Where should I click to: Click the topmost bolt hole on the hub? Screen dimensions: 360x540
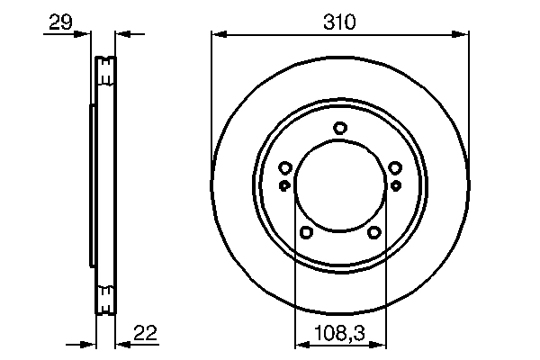[x=340, y=128]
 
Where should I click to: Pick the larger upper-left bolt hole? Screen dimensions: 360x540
[x=285, y=167]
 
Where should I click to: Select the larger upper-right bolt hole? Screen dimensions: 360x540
[x=395, y=167]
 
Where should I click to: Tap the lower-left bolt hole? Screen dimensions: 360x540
[x=306, y=232]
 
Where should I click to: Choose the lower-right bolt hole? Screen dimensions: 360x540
[x=374, y=232]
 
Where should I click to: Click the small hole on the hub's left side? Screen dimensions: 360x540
[x=285, y=185]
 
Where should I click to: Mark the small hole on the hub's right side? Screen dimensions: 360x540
[x=395, y=185]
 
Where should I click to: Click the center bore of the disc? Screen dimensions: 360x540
[x=340, y=185]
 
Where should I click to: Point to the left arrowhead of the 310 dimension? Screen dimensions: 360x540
[x=218, y=35]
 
